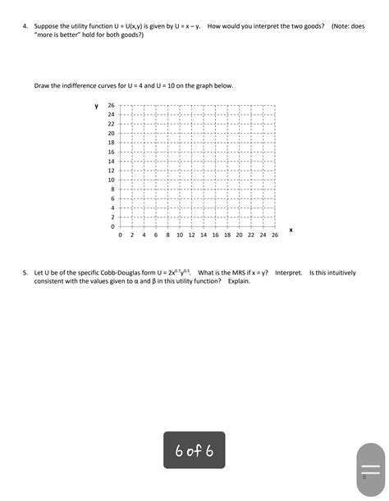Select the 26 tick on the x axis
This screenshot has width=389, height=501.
(275, 234)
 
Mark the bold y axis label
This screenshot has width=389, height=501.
(96, 106)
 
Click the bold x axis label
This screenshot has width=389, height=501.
(291, 230)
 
